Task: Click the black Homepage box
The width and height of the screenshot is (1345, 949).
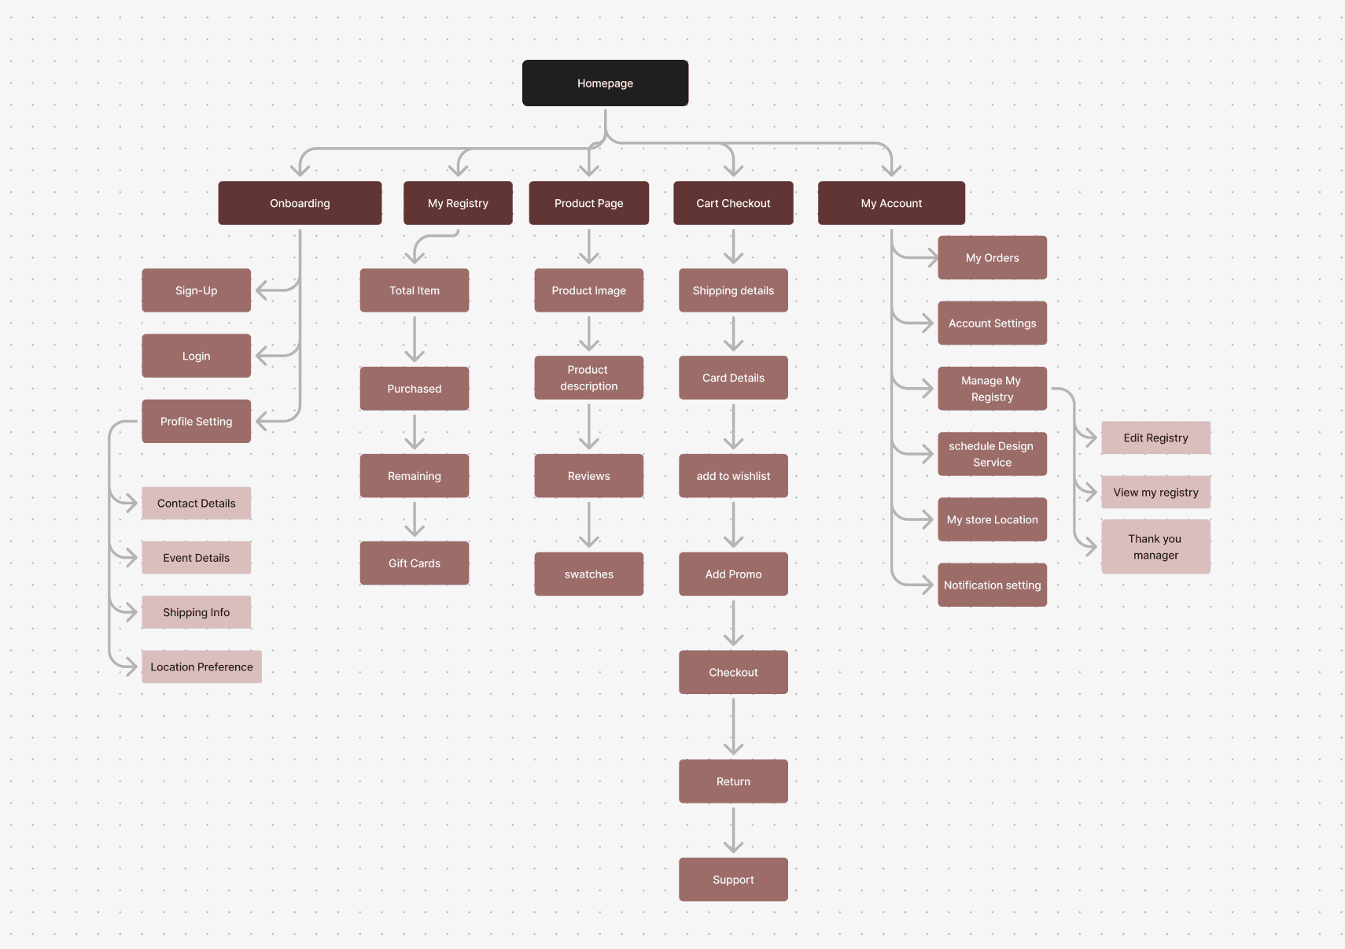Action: coord(605,83)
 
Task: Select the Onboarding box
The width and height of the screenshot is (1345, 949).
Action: coord(300,203)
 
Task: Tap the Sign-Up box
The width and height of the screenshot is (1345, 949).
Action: coord(196,290)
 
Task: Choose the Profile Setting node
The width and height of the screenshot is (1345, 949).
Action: coord(196,421)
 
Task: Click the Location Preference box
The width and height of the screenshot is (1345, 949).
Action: coord(201,667)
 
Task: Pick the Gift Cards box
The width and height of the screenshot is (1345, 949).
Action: coord(415,563)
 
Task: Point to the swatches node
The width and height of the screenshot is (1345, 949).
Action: coord(588,574)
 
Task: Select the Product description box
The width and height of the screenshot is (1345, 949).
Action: coord(588,378)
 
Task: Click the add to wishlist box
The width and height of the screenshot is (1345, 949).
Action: coord(733,475)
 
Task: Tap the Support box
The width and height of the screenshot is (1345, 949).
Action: coord(733,879)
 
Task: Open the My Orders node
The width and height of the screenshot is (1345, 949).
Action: coord(992,257)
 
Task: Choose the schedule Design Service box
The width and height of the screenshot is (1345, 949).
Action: coord(992,454)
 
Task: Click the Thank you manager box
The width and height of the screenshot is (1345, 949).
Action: coord(1155,546)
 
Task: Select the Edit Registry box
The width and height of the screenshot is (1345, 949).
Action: coord(1155,438)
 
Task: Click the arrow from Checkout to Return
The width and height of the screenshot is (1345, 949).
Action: coord(733,726)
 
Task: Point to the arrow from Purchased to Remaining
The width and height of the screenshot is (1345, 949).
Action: coord(415,431)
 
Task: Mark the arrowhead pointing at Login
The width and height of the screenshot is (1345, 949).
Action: coord(262,356)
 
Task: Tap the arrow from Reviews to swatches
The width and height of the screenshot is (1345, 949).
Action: coord(588,523)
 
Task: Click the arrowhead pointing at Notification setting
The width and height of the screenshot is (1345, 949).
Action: coord(928,585)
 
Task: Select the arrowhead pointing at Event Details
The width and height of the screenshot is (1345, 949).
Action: coord(132,557)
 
